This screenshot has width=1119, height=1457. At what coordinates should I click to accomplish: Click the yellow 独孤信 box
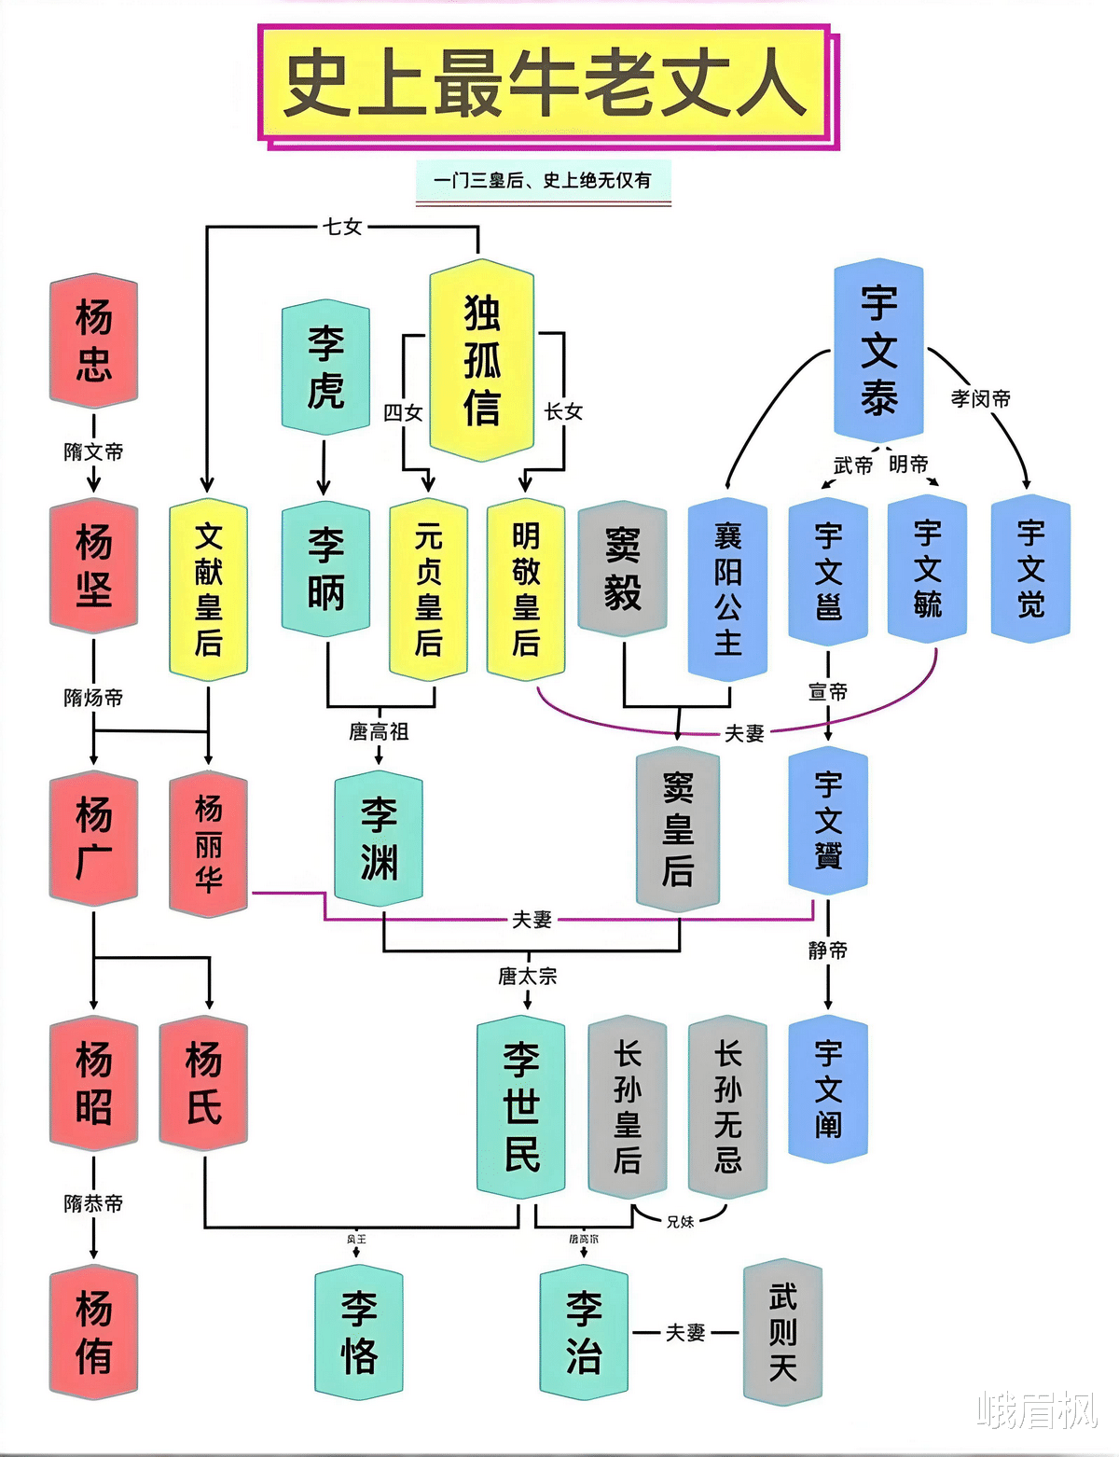481,360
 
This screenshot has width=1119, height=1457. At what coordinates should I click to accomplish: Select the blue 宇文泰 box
878,351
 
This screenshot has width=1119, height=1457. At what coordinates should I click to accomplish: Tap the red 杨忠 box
93,341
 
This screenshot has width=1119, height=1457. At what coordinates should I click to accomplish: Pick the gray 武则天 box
782,1331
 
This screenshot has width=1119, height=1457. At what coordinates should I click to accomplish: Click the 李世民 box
520,1106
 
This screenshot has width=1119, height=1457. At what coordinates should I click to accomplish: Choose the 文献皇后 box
208,590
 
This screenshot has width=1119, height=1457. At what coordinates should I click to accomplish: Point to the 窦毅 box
622,569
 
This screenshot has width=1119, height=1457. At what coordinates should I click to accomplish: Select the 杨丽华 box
208,842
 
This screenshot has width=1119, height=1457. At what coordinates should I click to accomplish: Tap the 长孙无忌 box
727,1106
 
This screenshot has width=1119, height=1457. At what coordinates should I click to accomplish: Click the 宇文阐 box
828,1089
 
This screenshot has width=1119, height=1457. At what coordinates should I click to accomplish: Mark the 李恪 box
359,1333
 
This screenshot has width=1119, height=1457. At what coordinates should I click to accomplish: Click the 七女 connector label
342,227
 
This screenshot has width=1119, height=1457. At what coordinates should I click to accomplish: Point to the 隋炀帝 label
93,697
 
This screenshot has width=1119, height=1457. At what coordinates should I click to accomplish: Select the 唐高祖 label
379,731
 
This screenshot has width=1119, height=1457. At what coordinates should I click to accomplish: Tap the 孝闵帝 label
980,398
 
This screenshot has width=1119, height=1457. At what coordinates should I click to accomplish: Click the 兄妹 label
680,1221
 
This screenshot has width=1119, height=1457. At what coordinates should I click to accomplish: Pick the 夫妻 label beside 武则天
685,1333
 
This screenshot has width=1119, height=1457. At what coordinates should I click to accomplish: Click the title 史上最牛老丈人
546,85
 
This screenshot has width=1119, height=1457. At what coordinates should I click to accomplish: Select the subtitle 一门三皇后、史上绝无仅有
543,180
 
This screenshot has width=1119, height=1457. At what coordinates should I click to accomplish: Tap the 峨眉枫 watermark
1036,1409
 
